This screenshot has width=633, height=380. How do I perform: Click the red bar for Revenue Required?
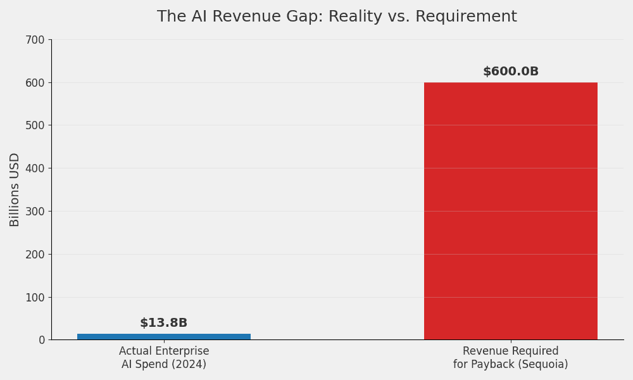[x=510, y=211]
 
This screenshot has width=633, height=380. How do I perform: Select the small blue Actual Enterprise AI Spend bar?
[x=164, y=336]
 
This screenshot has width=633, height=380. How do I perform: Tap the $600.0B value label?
[x=510, y=72]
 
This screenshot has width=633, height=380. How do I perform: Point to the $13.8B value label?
[x=163, y=323]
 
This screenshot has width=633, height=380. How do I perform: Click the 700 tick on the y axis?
[x=36, y=40]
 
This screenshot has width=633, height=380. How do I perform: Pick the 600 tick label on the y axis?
[x=36, y=83]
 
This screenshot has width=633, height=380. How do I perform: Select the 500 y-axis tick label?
[x=36, y=125]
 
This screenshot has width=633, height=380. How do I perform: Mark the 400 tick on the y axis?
[x=36, y=168]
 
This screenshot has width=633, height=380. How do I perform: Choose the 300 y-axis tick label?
[x=36, y=212]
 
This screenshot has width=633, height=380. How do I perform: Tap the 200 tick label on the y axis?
[x=36, y=255]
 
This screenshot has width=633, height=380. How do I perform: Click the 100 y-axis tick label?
[x=36, y=297]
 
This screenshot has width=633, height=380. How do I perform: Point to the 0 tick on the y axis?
[x=42, y=340]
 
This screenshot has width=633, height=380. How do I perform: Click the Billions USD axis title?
[x=15, y=189]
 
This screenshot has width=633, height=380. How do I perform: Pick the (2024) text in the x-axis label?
[x=189, y=364]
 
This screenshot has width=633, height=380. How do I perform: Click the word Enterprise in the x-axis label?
[x=182, y=351]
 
